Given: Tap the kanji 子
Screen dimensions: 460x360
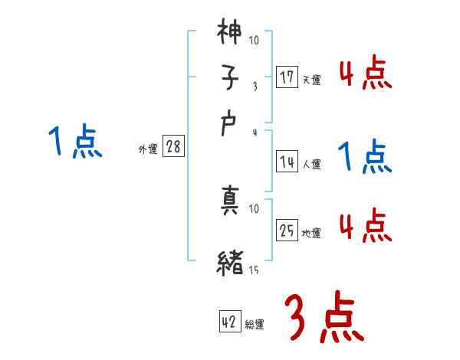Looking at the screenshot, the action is pyautogui.click(x=230, y=78).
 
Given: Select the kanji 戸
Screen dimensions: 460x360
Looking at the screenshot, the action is pyautogui.click(x=230, y=125).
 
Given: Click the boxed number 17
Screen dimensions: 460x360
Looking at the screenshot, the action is pyautogui.click(x=287, y=77).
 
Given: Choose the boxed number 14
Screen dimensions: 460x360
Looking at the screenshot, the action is pyautogui.click(x=287, y=162).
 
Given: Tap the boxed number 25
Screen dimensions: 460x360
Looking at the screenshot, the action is pyautogui.click(x=287, y=231).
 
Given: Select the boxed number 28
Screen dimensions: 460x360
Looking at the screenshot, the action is pyautogui.click(x=173, y=148).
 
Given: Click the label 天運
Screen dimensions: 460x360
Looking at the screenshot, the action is pyautogui.click(x=311, y=80).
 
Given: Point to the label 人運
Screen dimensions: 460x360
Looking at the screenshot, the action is pyautogui.click(x=311, y=164).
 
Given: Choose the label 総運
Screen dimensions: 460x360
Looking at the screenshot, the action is pyautogui.click(x=255, y=325).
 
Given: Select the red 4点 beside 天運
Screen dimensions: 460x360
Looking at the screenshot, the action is pyautogui.click(x=365, y=74).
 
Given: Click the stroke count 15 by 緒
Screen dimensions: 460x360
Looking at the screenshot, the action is pyautogui.click(x=254, y=270).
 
